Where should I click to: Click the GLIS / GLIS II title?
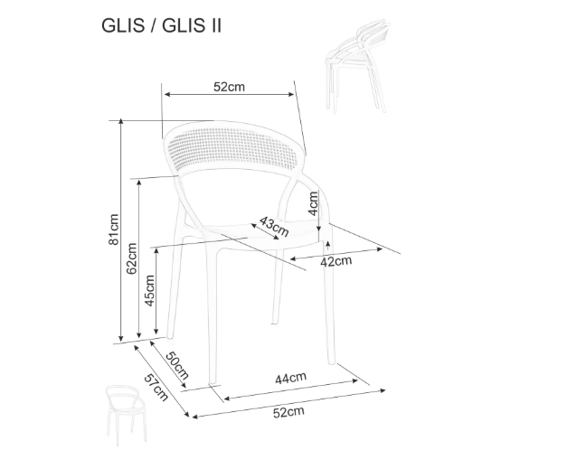point(162,26)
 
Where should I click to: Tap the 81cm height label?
point(114,230)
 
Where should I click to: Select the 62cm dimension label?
point(131,258)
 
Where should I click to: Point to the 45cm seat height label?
point(149,291)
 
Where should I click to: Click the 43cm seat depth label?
point(274,226)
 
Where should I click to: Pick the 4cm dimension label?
point(313,203)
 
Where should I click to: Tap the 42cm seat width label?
point(336,261)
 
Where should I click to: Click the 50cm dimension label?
point(177,365)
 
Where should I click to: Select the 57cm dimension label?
point(156,388)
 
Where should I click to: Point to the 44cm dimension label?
point(291,379)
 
